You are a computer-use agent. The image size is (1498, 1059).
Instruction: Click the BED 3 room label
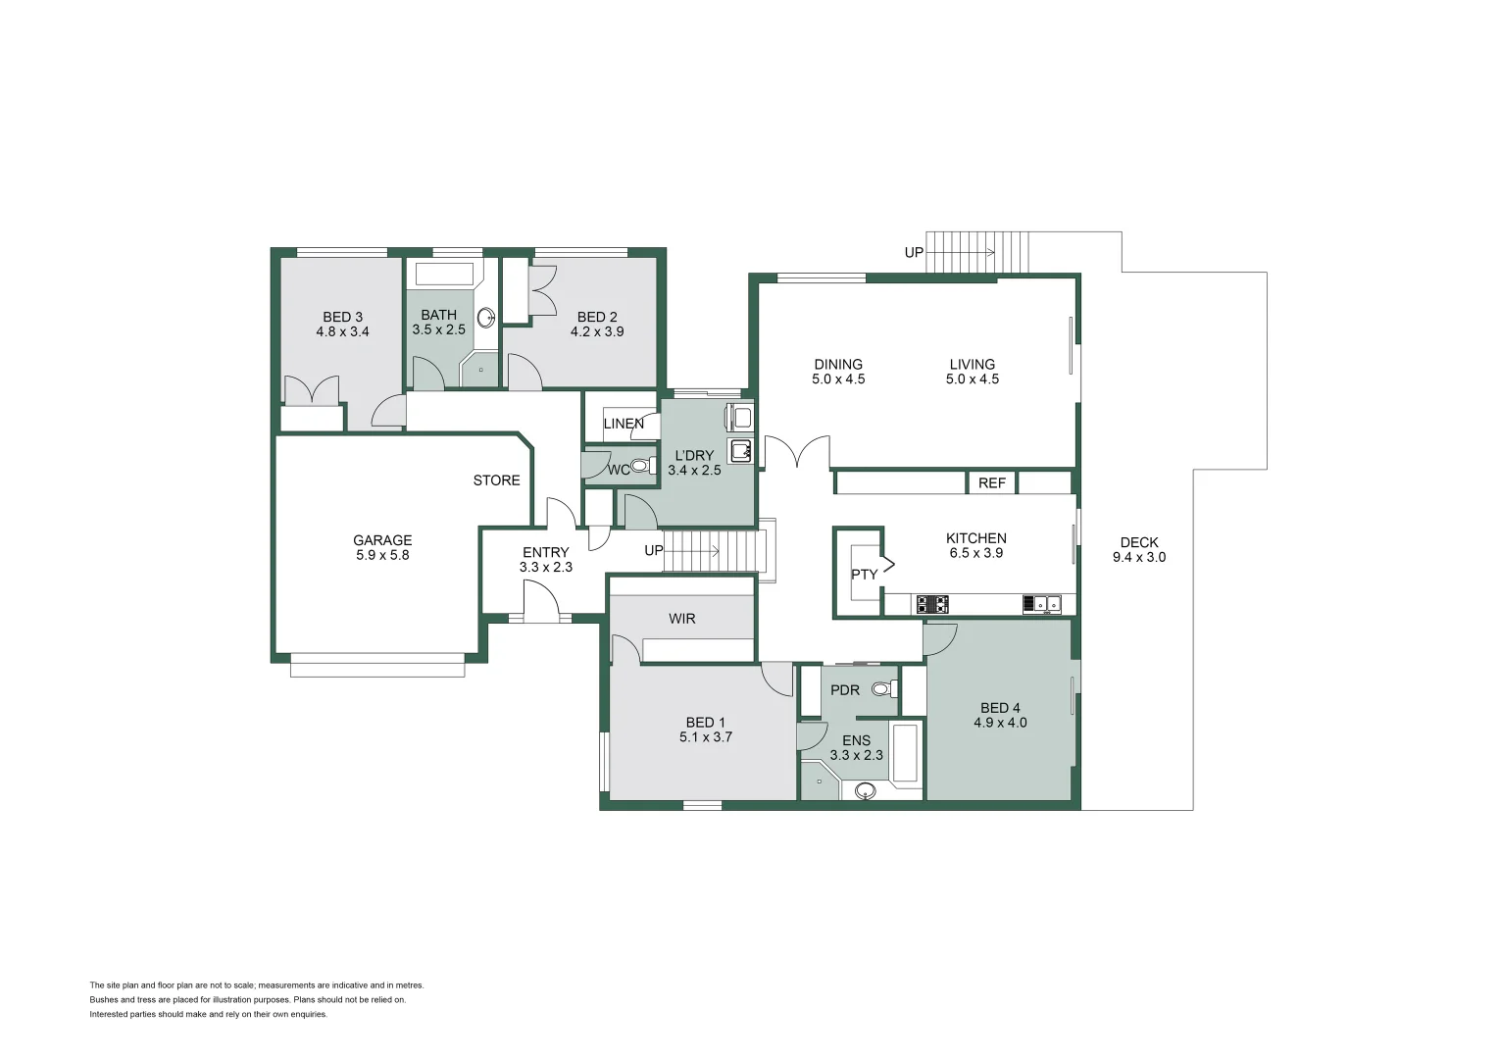click(342, 317)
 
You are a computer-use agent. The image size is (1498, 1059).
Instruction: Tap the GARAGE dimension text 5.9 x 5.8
click(382, 555)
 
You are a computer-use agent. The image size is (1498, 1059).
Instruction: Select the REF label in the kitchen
click(991, 482)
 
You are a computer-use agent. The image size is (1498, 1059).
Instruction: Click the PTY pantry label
click(864, 574)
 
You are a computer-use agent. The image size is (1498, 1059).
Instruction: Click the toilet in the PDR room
click(882, 689)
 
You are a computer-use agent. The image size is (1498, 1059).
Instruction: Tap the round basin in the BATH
click(486, 317)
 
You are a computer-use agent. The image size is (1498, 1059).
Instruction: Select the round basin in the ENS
click(865, 790)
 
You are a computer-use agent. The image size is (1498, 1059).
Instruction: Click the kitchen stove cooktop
click(932, 604)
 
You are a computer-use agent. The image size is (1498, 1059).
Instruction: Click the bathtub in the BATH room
click(443, 274)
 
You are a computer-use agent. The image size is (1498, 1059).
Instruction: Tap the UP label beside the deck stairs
click(914, 252)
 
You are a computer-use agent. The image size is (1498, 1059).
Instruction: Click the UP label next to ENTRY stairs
click(654, 550)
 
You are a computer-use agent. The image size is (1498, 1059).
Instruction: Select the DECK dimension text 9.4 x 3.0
click(1139, 557)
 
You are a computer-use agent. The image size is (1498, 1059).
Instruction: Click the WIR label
click(682, 619)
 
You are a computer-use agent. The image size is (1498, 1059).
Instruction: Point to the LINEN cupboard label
click(624, 424)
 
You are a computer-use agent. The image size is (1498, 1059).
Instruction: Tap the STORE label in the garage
click(496, 479)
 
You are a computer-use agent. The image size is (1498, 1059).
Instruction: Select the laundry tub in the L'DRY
click(739, 451)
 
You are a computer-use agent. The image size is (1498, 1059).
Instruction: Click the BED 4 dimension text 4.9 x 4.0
click(1000, 723)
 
